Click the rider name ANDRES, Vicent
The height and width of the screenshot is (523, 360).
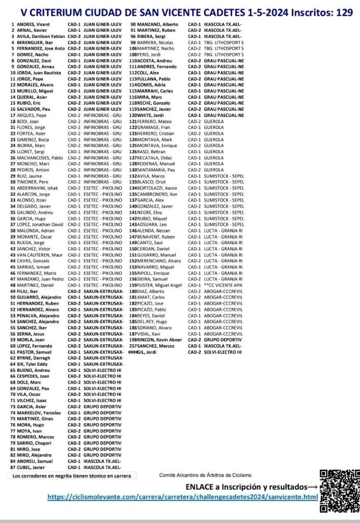pyautogui.click(x=33, y=24)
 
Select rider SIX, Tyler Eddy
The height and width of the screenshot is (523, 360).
pyautogui.click(x=34, y=364)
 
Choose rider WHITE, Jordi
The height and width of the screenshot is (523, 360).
pyautogui.click(x=150, y=115)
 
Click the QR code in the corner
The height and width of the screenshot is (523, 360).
pyautogui.click(x=339, y=490)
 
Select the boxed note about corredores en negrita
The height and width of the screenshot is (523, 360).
pyautogui.click(x=72, y=476)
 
